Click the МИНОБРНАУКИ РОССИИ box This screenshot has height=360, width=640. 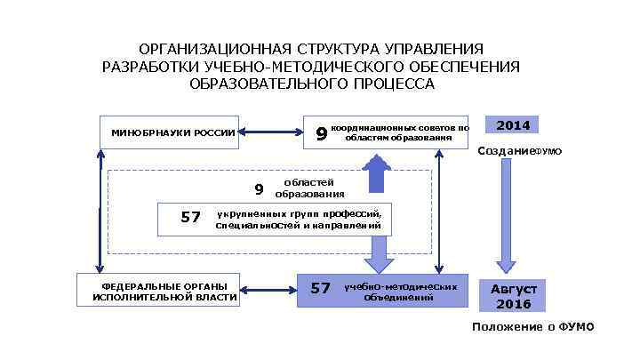169,133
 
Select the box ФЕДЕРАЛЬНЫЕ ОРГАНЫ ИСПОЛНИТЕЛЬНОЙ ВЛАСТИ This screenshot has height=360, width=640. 165,291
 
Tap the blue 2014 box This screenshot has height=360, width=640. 512,126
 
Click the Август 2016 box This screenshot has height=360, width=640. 514,296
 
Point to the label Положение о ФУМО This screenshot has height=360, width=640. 532,327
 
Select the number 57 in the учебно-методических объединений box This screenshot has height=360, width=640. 321,288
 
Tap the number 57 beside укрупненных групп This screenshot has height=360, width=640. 190,217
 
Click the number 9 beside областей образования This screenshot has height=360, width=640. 259,188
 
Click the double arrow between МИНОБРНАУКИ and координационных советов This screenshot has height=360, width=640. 271,133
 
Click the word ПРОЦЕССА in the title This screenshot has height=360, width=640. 395,84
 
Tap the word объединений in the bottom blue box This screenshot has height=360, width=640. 399,297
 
